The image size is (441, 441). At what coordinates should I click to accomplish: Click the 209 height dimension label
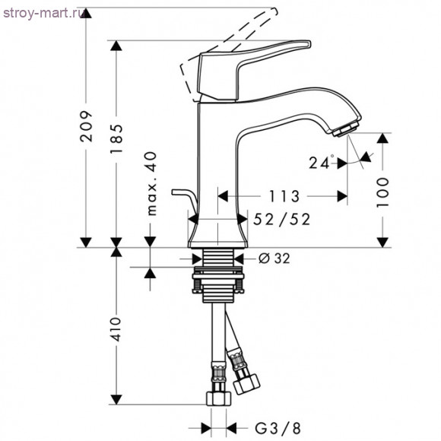pos(86,126)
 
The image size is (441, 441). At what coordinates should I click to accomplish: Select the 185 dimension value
pos(116,138)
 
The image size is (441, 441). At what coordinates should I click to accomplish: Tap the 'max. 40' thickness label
pos(152,183)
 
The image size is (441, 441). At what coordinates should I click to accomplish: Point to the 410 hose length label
pos(116,329)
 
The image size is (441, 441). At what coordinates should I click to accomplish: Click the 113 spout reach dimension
pos(284,196)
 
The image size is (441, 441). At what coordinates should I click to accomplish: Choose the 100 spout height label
pos(382,192)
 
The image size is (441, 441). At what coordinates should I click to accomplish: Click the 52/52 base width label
pos(281,219)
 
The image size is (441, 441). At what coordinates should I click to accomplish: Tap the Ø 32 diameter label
pos(274,259)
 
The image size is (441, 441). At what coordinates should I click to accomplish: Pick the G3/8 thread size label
pos(278,428)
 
